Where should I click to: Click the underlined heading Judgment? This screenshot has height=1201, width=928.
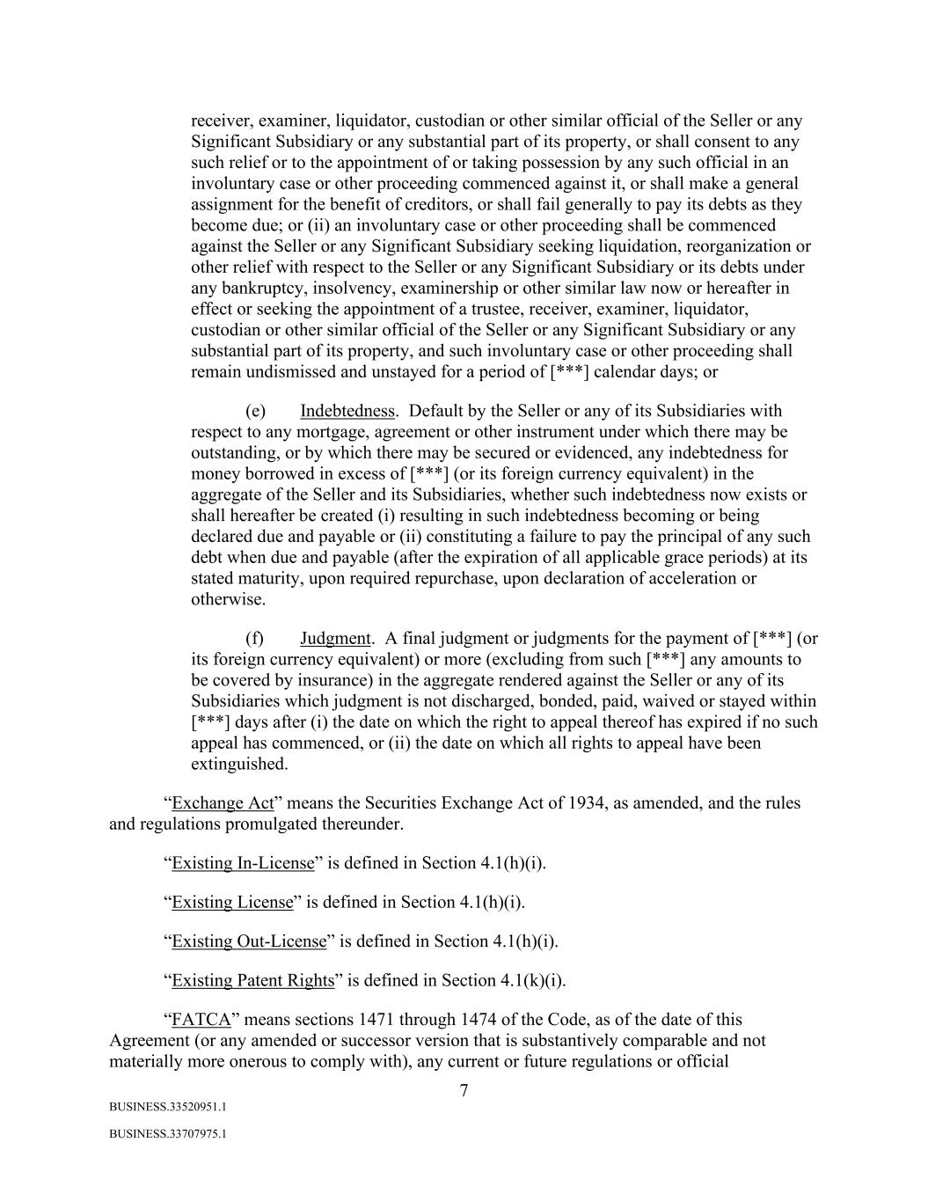coord(335,638)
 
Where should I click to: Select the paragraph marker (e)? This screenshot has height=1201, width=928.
coord(255,411)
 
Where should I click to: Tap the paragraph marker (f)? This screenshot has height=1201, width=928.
coord(254,638)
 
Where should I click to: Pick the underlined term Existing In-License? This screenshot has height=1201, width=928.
coord(243,863)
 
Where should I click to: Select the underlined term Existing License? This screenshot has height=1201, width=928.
coord(232,902)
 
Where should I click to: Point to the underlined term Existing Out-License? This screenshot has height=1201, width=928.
coord(249,941)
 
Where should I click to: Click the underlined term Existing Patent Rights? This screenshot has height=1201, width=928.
coord(253,980)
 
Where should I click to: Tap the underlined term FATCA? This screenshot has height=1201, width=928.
coord(201,1020)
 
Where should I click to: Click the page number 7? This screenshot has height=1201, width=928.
coord(464,1091)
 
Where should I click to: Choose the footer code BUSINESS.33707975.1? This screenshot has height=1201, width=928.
coord(168,1135)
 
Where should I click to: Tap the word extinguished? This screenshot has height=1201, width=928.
coord(239,764)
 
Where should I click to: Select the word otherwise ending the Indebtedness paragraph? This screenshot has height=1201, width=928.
coord(228,599)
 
